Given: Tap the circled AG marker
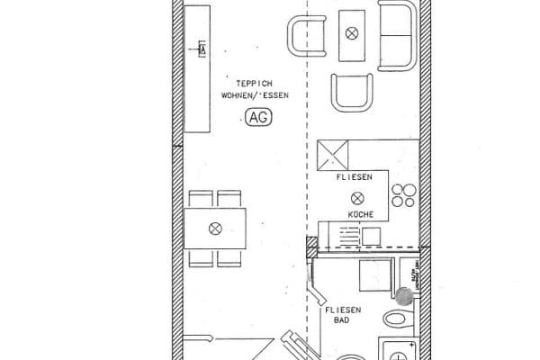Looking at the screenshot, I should tap(256, 116).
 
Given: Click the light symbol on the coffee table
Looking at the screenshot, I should tap(352, 33).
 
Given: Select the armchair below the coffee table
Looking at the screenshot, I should tap(351, 94).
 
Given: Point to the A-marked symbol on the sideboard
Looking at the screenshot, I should tap(201, 47).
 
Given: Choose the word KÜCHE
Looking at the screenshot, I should tap(360, 215).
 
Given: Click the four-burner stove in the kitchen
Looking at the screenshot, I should tap(403, 196).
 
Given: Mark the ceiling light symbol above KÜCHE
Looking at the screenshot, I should tap(359, 197).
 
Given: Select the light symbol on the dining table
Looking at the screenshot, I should tap(214, 229).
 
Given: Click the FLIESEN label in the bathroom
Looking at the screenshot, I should tap(344, 310).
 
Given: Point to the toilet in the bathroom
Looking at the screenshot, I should tap(396, 319).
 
